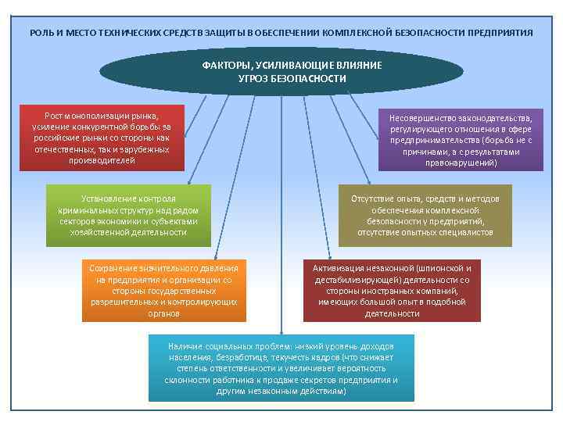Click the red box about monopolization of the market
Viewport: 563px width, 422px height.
pos(102,138)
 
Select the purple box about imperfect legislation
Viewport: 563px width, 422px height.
pos(461,140)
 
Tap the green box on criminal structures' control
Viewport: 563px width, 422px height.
pos(128,215)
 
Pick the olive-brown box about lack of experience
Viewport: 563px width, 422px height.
pos(425,215)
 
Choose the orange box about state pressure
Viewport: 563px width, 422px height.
pos(164,290)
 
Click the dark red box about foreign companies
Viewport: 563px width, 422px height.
pos(392,290)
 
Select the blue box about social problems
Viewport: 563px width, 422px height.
pos(281,367)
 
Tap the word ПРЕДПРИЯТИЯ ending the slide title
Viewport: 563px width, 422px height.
pos(500,34)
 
